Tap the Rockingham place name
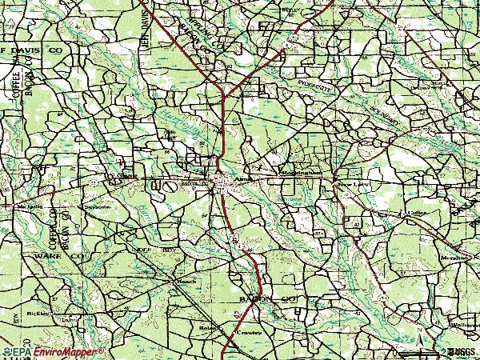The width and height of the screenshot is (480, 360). [x=301, y=172]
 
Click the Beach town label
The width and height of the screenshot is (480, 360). [x=186, y=282]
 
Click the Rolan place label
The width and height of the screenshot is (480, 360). [x=209, y=327]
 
